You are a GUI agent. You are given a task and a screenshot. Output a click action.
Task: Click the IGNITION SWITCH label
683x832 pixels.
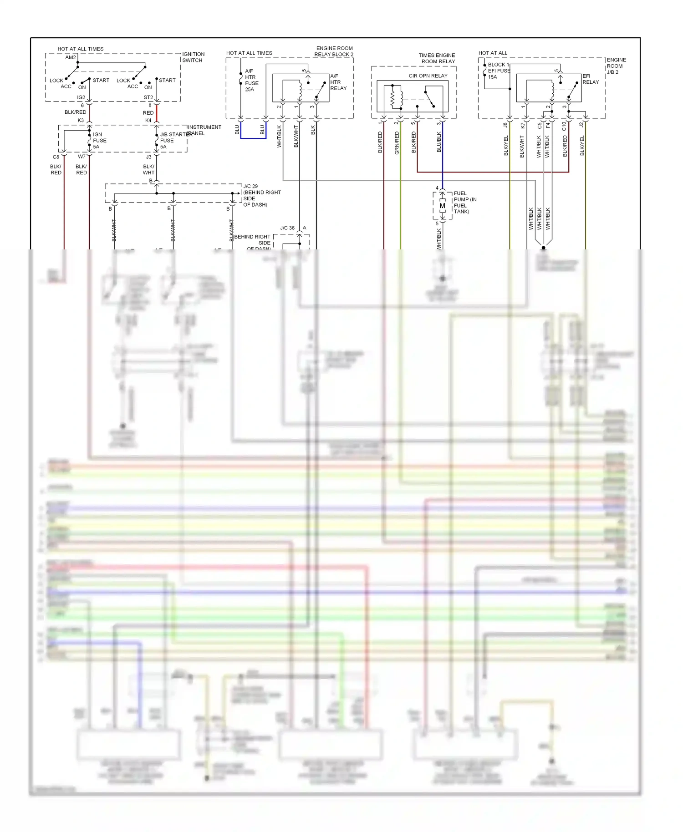click(193, 57)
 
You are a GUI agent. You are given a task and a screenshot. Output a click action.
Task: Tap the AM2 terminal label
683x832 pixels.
click(70, 57)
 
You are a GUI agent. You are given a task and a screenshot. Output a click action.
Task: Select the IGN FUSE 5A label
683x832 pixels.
click(99, 141)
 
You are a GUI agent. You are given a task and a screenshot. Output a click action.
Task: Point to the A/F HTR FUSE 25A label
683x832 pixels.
click(251, 80)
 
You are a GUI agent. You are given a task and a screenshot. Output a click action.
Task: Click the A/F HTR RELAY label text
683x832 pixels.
click(338, 82)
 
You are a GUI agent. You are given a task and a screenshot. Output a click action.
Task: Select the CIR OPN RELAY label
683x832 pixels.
click(428, 76)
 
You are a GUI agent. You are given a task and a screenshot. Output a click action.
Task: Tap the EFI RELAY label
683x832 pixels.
click(590, 79)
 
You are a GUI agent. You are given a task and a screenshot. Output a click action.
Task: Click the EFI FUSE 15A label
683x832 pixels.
click(498, 71)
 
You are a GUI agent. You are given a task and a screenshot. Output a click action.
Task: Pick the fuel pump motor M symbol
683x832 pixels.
click(442, 206)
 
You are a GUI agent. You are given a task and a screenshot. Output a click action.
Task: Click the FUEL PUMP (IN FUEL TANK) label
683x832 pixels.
click(465, 202)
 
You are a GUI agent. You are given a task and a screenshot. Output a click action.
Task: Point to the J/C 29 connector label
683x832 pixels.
click(250, 186)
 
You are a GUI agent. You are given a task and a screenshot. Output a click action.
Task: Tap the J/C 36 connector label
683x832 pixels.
click(287, 228)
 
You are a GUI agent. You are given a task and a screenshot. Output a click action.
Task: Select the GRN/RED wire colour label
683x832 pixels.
click(397, 142)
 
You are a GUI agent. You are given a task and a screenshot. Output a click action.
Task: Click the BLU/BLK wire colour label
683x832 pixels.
click(439, 142)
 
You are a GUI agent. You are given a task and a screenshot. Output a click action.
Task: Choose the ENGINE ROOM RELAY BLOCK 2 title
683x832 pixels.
click(334, 51)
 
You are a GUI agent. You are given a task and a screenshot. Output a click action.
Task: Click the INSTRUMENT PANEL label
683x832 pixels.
click(204, 130)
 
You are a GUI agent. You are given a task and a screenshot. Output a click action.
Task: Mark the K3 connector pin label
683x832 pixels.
click(81, 120)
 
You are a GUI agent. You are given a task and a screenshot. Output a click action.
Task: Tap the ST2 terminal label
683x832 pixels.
click(148, 97)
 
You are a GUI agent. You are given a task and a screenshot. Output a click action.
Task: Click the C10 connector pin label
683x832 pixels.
click(564, 126)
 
